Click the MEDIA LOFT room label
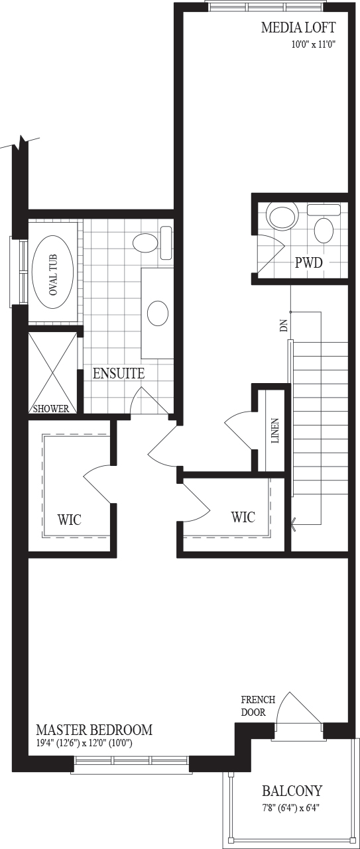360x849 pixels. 298,28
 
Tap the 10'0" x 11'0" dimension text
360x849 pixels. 314,44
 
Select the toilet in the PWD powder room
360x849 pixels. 282,215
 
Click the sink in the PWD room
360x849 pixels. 324,231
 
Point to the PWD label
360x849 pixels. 309,262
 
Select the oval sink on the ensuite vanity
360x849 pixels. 158,313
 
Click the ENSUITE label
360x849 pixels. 119,373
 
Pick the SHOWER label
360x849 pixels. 51,408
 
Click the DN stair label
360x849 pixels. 284,326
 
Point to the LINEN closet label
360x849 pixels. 276,431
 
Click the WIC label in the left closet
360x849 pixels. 70,520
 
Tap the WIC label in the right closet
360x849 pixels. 243,517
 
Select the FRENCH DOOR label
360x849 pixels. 258,706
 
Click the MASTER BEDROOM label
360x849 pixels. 94,730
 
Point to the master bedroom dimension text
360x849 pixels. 84,744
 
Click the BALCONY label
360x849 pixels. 292,791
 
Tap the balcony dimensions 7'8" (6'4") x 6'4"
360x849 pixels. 292,808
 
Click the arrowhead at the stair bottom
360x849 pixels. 293,524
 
